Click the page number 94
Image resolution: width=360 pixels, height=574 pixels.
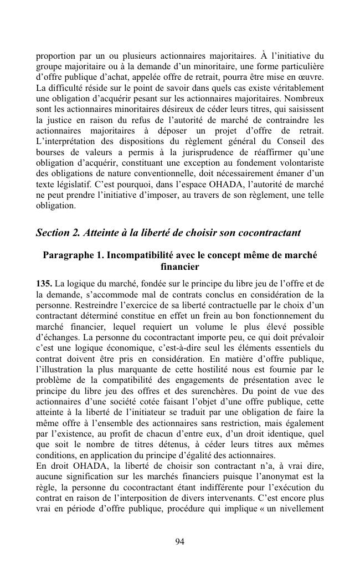click(179, 541)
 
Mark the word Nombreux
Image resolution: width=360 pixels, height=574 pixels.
click(303, 109)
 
